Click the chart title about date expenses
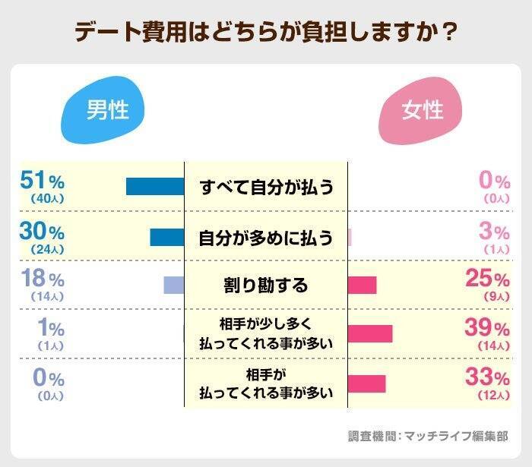(x=266, y=33)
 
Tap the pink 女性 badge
(x=423, y=111)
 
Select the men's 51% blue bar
(x=155, y=186)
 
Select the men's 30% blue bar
(x=167, y=237)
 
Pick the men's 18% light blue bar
(x=174, y=285)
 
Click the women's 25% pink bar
(x=363, y=285)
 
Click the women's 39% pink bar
(x=370, y=333)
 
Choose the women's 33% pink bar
(x=367, y=383)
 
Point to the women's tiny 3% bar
(x=350, y=237)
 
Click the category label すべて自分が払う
(x=266, y=187)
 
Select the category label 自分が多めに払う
(x=266, y=237)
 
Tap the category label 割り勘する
(x=266, y=286)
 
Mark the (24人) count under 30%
(x=47, y=249)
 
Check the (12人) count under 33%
(x=492, y=396)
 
